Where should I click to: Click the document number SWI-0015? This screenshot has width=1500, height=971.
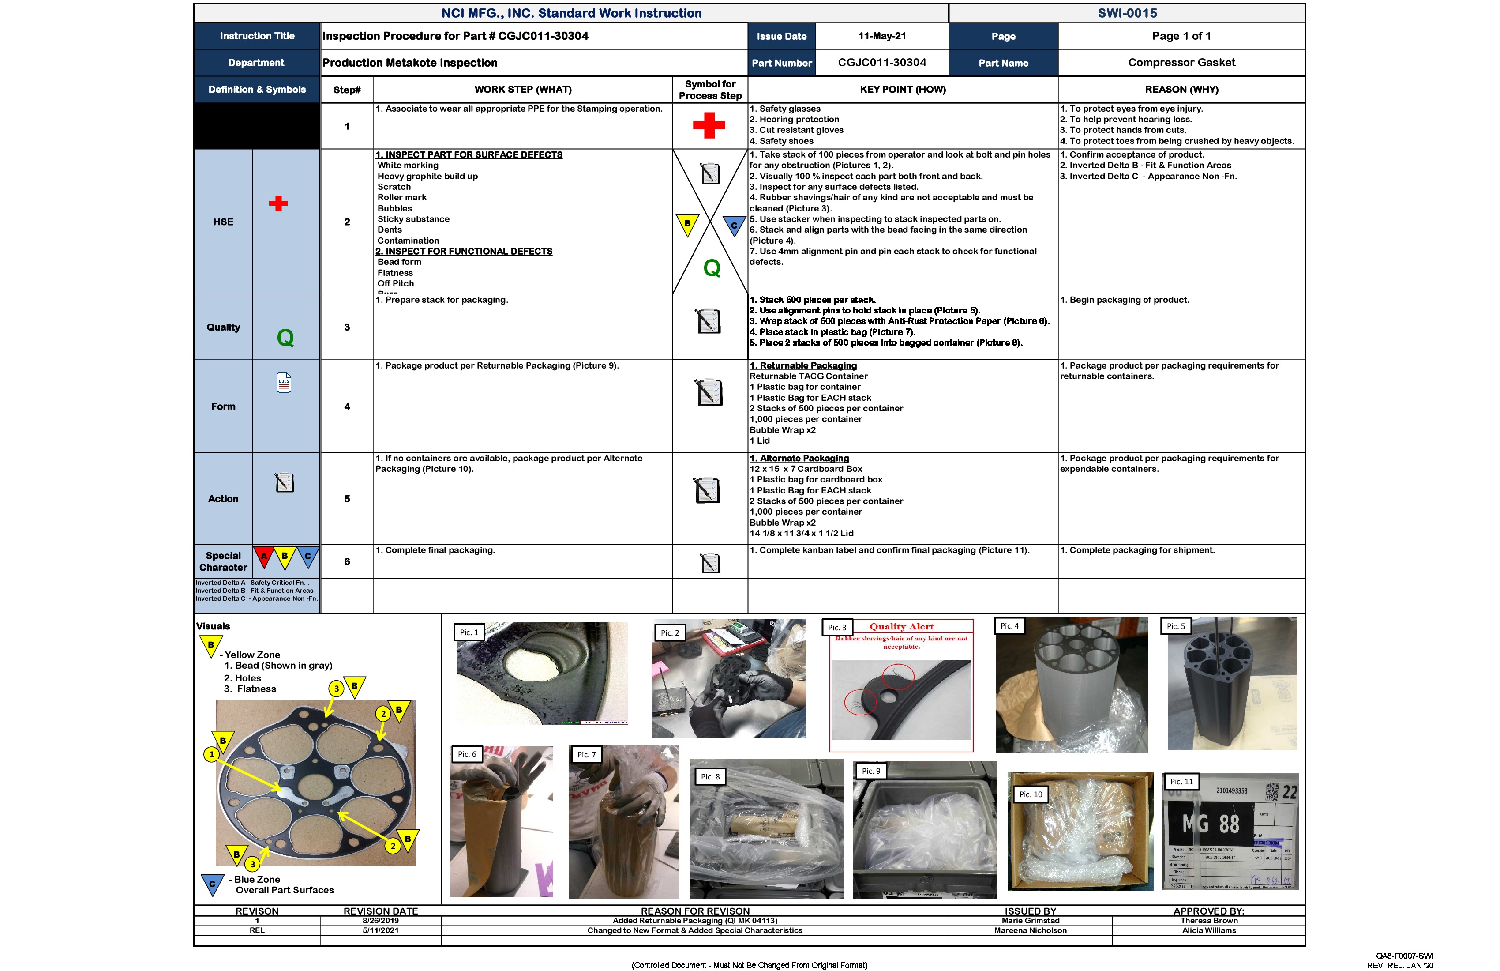(x=1127, y=13)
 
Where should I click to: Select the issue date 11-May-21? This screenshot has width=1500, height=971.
(x=882, y=36)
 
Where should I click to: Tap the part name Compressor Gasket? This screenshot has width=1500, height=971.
(x=1181, y=62)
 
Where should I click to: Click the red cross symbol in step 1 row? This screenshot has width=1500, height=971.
(x=709, y=125)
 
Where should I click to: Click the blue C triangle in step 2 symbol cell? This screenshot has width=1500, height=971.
(x=734, y=225)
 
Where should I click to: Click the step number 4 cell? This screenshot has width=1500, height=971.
(x=347, y=406)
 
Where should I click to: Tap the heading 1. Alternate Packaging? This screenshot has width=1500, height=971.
(x=799, y=459)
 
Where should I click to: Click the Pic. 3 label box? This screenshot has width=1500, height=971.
(x=837, y=627)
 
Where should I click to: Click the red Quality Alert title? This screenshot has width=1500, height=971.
(x=901, y=627)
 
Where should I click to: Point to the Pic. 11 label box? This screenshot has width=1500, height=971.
(x=1181, y=781)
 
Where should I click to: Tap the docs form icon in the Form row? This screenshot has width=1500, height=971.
(x=284, y=382)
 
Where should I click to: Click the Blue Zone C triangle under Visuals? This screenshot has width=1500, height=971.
(x=212, y=884)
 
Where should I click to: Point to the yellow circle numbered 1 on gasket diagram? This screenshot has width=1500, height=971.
(x=212, y=754)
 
